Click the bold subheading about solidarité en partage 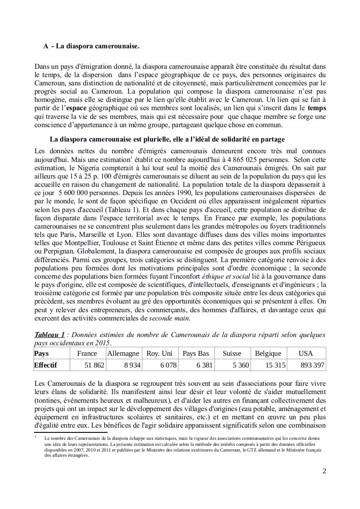coord(167,139)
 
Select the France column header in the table coord(87,354)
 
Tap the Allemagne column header coord(123,354)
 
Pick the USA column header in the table coord(306,354)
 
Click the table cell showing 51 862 coord(94,365)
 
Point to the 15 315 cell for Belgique coord(275,365)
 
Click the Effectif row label coord(45,365)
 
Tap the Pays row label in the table coord(41,354)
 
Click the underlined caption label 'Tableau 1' coord(49,334)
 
